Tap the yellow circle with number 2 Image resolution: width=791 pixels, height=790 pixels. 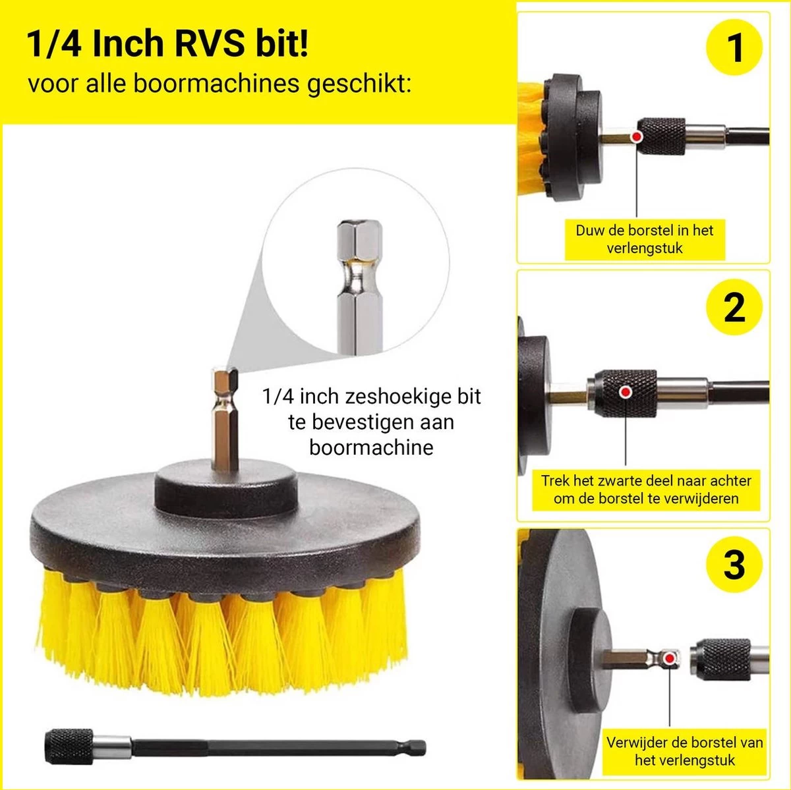(x=734, y=307)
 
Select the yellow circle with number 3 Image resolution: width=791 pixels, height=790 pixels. (x=734, y=565)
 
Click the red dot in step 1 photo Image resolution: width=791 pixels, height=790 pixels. (x=637, y=136)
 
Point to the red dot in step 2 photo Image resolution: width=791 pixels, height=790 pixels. (x=626, y=392)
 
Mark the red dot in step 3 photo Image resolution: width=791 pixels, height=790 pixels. (x=670, y=658)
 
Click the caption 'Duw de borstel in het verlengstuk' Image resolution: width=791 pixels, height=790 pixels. (x=644, y=239)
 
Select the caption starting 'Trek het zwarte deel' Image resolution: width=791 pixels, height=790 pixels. (x=646, y=490)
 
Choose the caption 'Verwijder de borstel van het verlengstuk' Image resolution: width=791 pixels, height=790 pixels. (x=684, y=751)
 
